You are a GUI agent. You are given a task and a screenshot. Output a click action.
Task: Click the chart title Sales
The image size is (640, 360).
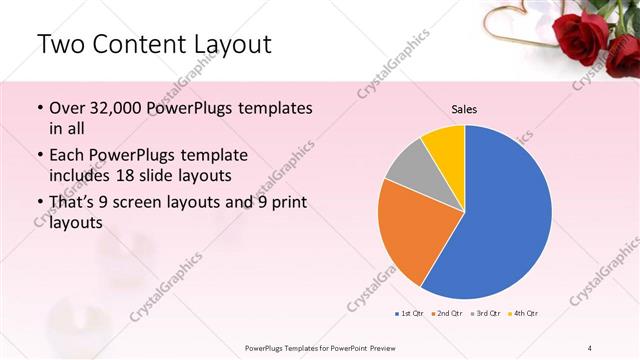pyautogui.click(x=464, y=108)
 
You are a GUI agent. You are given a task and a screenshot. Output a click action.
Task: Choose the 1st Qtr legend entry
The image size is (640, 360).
pyautogui.click(x=409, y=314)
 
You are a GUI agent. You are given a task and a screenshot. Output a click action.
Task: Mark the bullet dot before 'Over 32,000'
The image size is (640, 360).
pyautogui.click(x=39, y=108)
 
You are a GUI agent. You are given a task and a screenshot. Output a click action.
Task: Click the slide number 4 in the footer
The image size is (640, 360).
pyautogui.click(x=590, y=347)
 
